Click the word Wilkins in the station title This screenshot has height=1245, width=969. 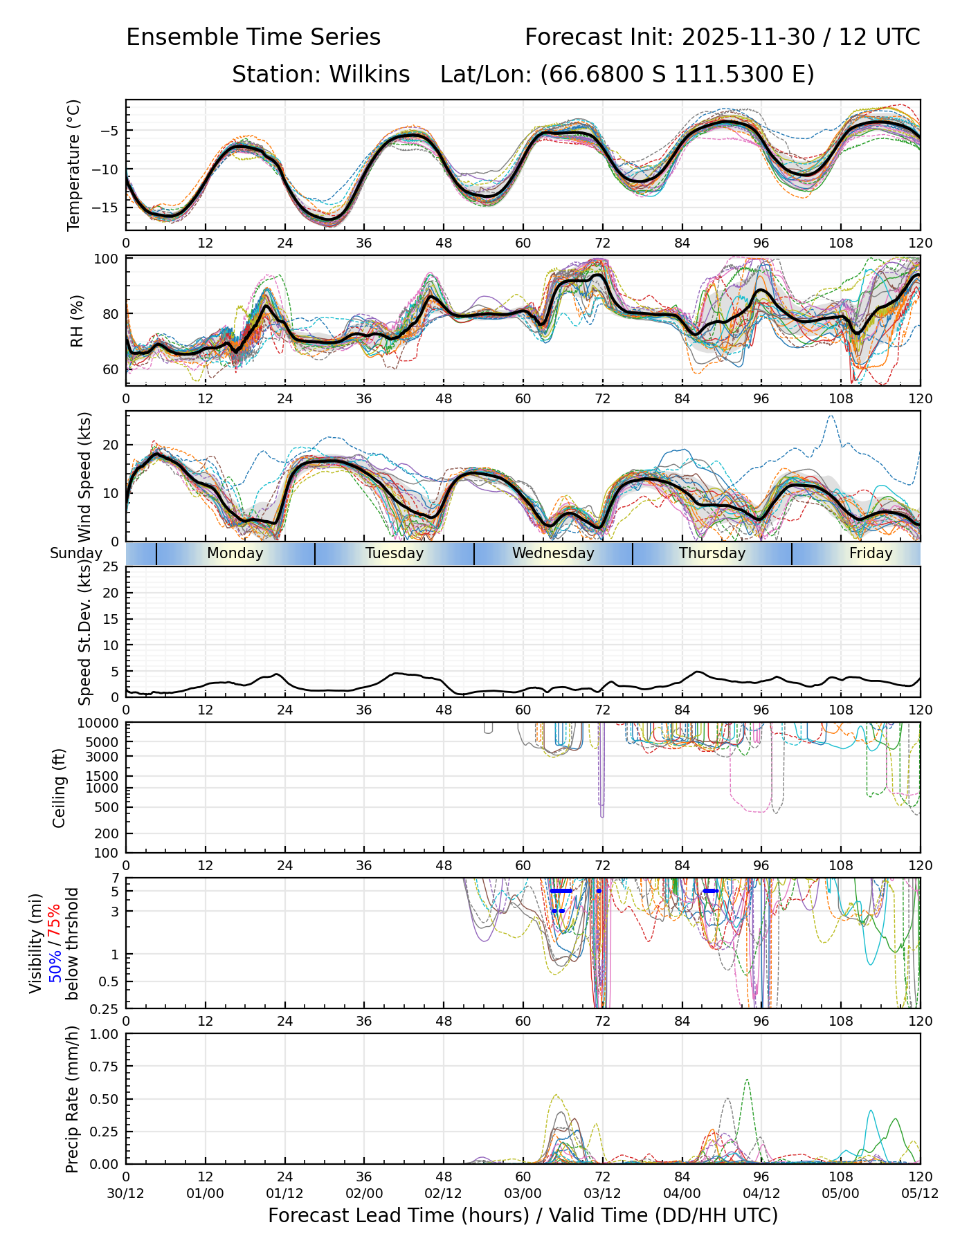pyautogui.click(x=370, y=75)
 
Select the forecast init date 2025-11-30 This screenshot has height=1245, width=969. pyautogui.click(x=748, y=37)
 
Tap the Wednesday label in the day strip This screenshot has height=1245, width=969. pyautogui.click(x=553, y=553)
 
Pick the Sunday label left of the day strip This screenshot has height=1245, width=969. pyautogui.click(x=76, y=553)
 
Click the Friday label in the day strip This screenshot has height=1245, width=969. pyautogui.click(x=871, y=553)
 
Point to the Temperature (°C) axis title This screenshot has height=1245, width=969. pyautogui.click(x=74, y=165)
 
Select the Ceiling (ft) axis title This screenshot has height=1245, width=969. pyautogui.click(x=60, y=788)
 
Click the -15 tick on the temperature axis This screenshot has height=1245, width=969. pyautogui.click(x=109, y=207)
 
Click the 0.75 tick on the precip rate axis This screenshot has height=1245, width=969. pyautogui.click(x=104, y=1067)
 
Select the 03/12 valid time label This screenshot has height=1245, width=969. pyautogui.click(x=602, y=1195)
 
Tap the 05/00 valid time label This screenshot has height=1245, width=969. pyautogui.click(x=840, y=1195)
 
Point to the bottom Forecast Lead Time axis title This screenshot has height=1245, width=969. pyautogui.click(x=523, y=1216)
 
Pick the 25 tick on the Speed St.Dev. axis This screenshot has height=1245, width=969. pyautogui.click(x=111, y=567)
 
